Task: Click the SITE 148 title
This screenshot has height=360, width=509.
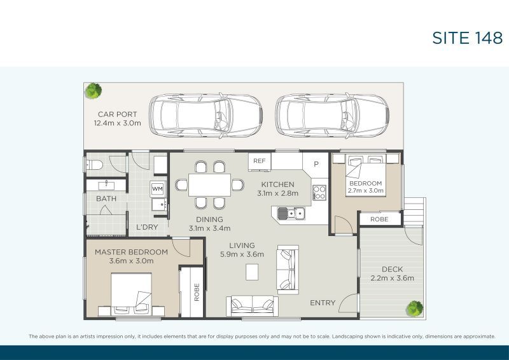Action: (x=467, y=38)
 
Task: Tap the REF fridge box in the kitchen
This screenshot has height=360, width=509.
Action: (x=260, y=162)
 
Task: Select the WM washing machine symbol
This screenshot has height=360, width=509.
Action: (x=158, y=189)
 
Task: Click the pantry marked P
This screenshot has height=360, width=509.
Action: (x=316, y=164)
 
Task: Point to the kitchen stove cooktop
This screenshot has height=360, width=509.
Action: (x=319, y=192)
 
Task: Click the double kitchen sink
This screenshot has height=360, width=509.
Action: (x=291, y=213)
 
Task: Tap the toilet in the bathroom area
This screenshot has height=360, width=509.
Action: (x=94, y=165)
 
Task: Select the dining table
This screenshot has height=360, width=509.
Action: (x=209, y=185)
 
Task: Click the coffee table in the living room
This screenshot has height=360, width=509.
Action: (x=252, y=272)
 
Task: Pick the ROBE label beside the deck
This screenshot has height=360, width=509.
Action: (x=379, y=219)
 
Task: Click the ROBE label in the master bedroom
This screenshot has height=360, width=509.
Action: (x=197, y=292)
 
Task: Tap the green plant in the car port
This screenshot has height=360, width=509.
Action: (x=93, y=91)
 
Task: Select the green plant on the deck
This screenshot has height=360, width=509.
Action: (x=415, y=308)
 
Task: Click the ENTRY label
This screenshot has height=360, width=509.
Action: (x=323, y=303)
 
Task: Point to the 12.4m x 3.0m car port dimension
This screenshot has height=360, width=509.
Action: (x=118, y=123)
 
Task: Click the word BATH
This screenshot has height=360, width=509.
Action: (x=106, y=198)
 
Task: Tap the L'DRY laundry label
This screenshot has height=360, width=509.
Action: (x=147, y=227)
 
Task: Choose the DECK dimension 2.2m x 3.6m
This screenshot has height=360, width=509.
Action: (x=392, y=278)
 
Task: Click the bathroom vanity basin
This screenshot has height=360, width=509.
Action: (x=106, y=185)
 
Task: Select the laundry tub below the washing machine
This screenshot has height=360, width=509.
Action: (x=160, y=205)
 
